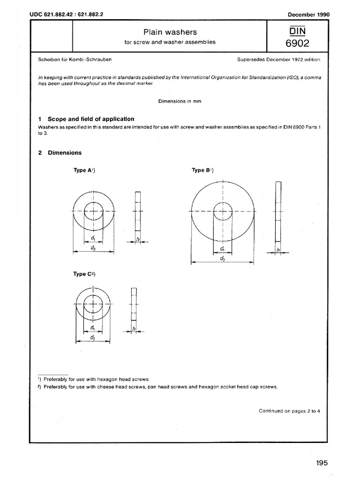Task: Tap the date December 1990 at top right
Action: point(309,14)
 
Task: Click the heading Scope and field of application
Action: point(91,119)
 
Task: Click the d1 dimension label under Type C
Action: point(93,328)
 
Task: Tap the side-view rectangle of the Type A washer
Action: point(137,211)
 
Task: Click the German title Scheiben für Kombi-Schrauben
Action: point(74,60)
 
